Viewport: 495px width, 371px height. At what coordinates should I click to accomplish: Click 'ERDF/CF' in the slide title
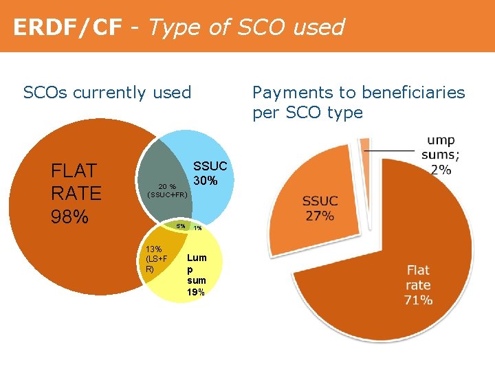click(67, 27)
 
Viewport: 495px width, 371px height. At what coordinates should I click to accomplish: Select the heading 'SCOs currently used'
click(107, 92)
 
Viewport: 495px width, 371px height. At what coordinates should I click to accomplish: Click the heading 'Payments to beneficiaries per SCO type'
click(358, 102)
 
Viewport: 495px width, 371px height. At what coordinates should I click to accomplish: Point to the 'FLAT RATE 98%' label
click(76, 193)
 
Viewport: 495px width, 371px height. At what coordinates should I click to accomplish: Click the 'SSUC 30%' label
click(206, 174)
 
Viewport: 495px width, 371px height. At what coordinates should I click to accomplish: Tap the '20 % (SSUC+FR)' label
click(167, 190)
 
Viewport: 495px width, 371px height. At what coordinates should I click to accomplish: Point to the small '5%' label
click(180, 226)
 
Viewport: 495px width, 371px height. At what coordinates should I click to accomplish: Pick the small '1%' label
click(197, 228)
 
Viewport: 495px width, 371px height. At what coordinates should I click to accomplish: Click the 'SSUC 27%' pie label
click(320, 208)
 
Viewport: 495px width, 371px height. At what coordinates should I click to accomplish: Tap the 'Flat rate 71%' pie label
click(419, 284)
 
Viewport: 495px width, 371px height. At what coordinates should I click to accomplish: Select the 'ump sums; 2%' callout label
click(440, 155)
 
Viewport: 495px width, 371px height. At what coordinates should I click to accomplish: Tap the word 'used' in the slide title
click(318, 27)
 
